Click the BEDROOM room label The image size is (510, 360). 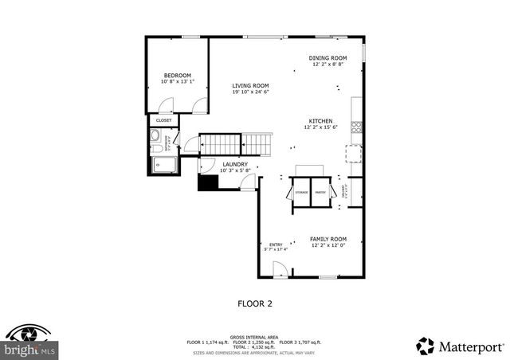177,75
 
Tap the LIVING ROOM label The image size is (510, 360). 250,86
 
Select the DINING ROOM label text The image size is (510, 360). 328,57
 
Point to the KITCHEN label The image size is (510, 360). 320,121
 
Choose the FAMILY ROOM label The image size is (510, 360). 328,239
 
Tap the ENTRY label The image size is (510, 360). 276,245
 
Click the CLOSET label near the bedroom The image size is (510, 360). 163,120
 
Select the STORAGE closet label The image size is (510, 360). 301,192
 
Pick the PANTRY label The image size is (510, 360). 320,192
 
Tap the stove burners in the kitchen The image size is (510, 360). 356,124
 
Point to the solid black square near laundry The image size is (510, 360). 208,182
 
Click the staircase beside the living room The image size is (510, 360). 234,144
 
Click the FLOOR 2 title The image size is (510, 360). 255,303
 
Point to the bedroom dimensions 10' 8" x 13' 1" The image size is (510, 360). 177,81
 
